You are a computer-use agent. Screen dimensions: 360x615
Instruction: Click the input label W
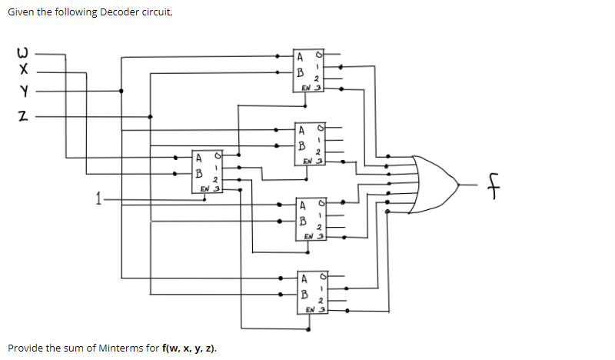point(24,55)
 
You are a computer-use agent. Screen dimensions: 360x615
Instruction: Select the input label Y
point(24,92)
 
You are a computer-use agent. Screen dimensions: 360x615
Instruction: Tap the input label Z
point(24,117)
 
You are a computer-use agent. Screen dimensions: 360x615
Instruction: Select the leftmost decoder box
point(206,173)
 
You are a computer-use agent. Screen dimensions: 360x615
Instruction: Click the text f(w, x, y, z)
point(189,348)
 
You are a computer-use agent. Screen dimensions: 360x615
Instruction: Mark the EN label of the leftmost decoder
point(206,188)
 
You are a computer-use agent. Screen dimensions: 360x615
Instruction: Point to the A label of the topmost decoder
point(301,56)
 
